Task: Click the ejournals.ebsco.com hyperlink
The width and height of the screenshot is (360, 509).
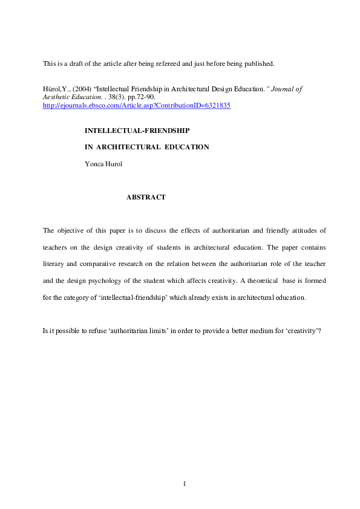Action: tap(136, 105)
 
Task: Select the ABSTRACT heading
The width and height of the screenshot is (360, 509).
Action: tap(146, 197)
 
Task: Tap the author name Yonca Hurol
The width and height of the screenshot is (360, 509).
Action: tap(104, 163)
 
